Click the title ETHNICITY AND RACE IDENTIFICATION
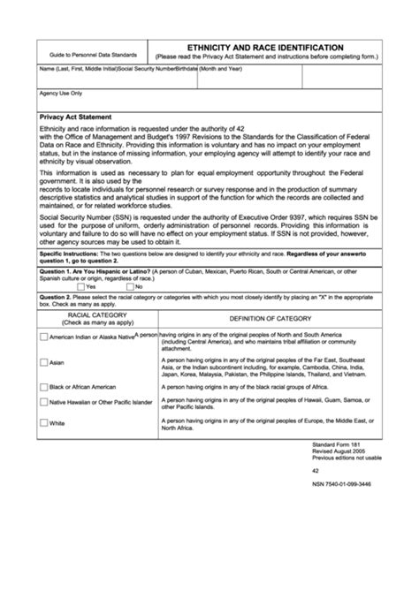point(265,47)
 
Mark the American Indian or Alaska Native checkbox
point(43,337)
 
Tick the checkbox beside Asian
point(43,362)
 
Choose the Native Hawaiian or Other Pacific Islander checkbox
point(43,402)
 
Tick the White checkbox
point(43,423)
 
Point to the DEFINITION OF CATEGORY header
point(270,318)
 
